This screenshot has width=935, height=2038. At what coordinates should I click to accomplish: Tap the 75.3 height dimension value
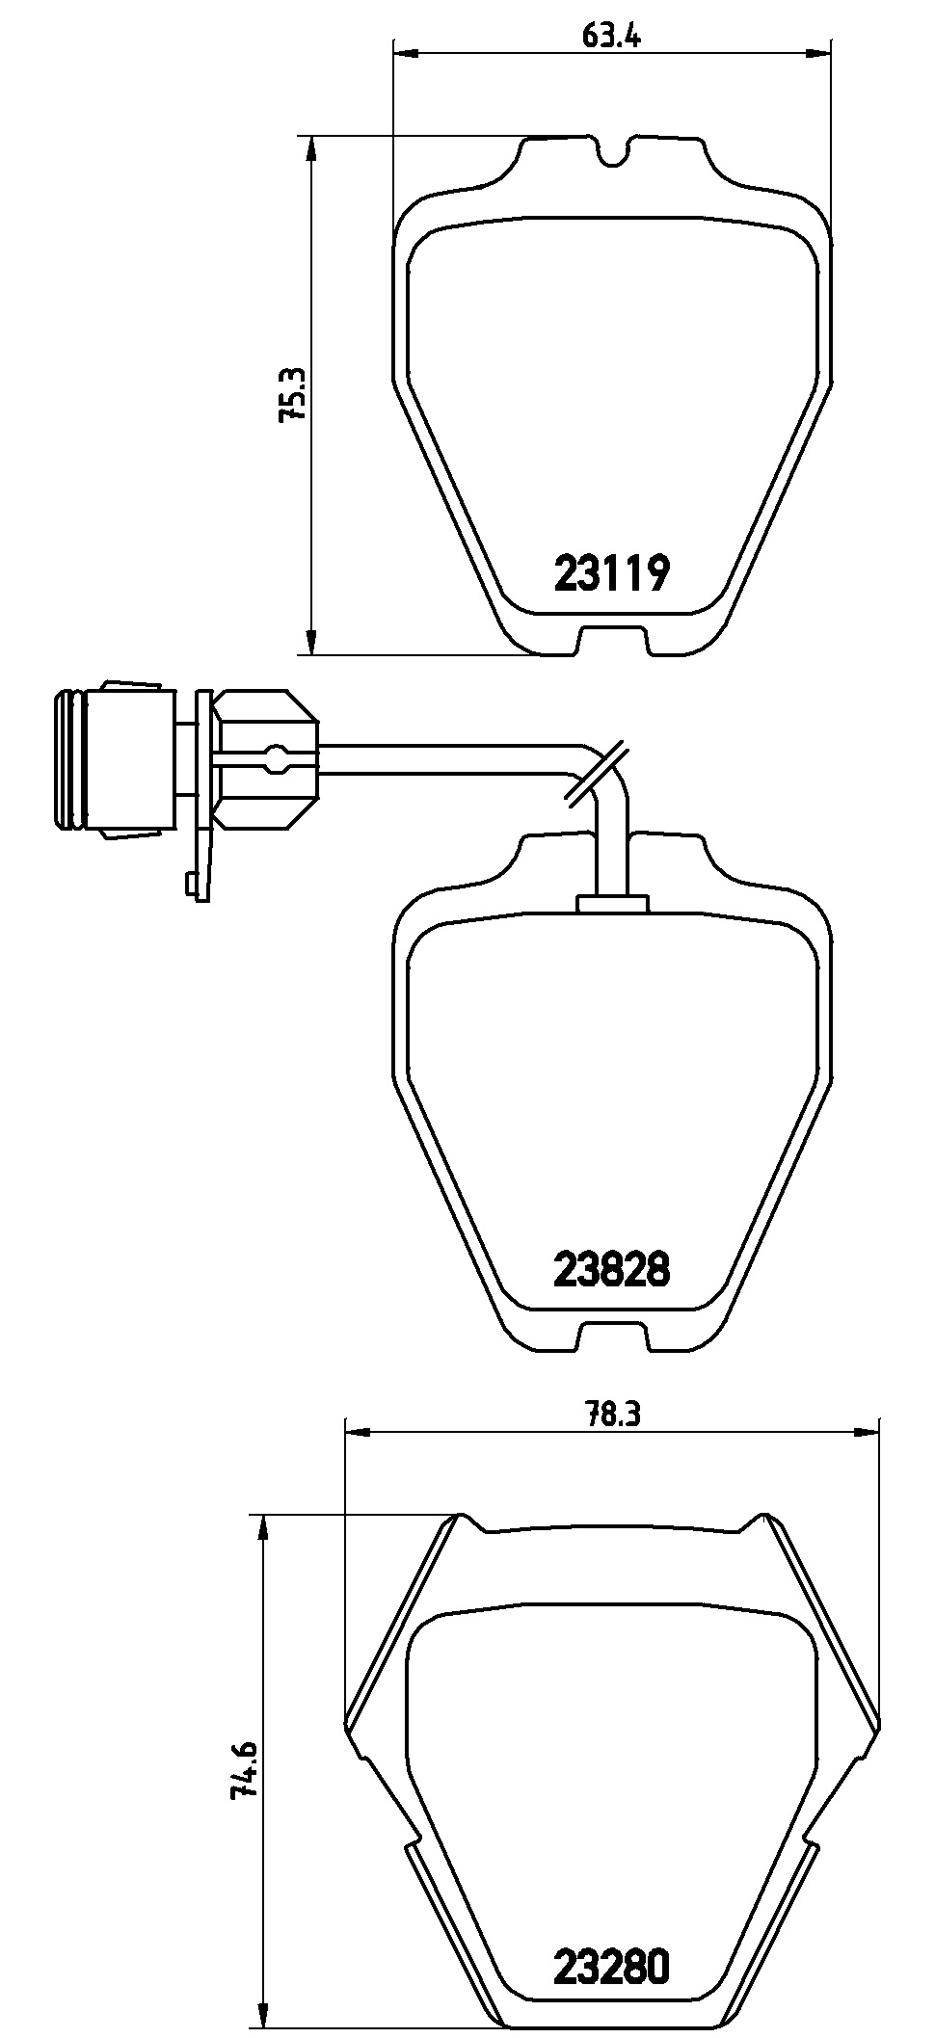292,394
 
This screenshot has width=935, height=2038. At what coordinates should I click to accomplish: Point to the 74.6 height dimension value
243,1769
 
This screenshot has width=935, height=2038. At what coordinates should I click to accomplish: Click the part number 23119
611,574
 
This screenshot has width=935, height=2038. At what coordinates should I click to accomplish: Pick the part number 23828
611,1269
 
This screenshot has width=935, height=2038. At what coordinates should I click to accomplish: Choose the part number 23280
611,1965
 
